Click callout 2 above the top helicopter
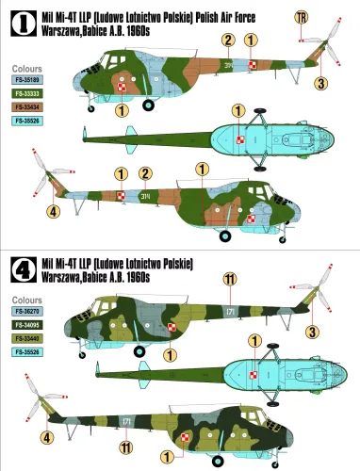(228, 39)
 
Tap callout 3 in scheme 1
(321, 84)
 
